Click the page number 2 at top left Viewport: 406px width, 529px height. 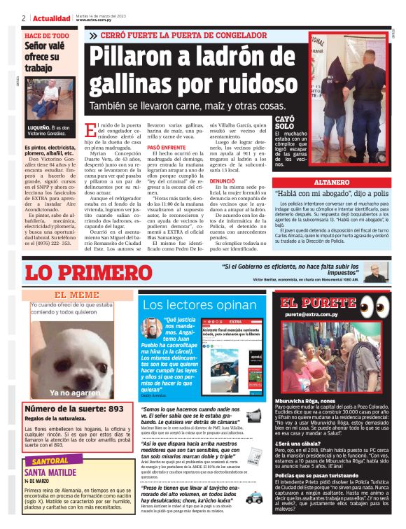(24, 17)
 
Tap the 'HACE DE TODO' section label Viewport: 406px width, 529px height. (47, 35)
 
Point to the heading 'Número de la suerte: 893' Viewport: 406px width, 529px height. (74, 409)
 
